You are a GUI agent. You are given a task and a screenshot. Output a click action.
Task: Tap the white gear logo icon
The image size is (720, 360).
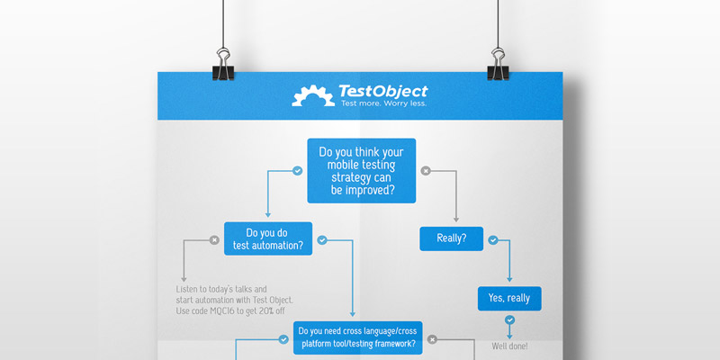(x=313, y=95)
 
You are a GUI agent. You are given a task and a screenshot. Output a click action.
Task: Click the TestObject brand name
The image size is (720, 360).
(x=383, y=91)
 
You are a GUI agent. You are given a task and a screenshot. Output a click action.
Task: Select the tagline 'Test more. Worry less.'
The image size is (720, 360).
(x=383, y=103)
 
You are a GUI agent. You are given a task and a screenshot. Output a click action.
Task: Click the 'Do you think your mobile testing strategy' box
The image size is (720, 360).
(x=362, y=171)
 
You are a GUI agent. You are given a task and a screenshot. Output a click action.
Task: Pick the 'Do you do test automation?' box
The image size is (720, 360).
(x=268, y=238)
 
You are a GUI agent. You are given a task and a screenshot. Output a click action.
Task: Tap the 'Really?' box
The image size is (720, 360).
(x=452, y=238)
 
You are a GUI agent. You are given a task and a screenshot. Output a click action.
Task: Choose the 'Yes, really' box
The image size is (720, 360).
(x=509, y=299)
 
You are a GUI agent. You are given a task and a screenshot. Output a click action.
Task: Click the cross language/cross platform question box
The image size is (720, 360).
(x=357, y=338)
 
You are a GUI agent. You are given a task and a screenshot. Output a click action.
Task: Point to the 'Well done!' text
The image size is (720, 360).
(x=509, y=346)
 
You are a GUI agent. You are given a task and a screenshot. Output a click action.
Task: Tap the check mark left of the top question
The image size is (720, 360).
(x=298, y=171)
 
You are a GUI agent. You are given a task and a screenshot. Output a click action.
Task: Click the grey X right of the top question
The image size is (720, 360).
(x=426, y=171)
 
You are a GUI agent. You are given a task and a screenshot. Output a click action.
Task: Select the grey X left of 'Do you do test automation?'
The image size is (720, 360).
(x=214, y=239)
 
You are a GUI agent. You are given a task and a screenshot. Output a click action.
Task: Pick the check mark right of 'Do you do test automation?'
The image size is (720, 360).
(x=322, y=239)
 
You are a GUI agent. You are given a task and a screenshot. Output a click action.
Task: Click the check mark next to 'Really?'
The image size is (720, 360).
(x=492, y=239)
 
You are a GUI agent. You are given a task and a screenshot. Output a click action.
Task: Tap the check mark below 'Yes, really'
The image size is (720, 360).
(x=509, y=319)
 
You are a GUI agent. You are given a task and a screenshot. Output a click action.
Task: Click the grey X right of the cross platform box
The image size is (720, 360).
(x=432, y=340)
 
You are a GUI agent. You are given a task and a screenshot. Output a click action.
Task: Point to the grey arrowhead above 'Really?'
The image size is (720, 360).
(x=456, y=220)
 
